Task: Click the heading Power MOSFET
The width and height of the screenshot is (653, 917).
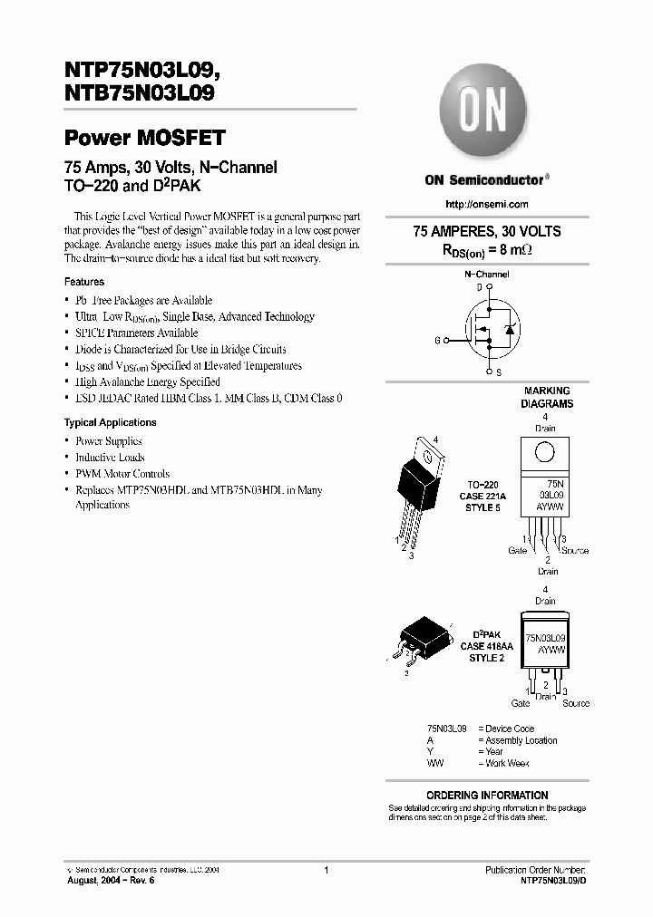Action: pyautogui.click(x=144, y=139)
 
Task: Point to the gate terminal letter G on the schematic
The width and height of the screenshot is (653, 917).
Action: pyautogui.click(x=437, y=340)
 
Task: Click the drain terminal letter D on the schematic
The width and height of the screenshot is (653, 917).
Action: pyautogui.click(x=480, y=287)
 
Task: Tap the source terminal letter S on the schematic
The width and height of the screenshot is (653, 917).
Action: pyautogui.click(x=499, y=372)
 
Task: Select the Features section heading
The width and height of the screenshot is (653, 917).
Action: pyautogui.click(x=83, y=282)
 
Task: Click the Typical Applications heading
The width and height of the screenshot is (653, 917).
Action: pyautogui.click(x=110, y=422)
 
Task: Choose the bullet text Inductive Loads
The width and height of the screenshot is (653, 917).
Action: pyautogui.click(x=110, y=458)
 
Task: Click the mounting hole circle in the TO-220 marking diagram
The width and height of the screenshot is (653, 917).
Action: pyautogui.click(x=543, y=452)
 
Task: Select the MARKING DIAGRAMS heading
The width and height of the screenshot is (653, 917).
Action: pyautogui.click(x=547, y=397)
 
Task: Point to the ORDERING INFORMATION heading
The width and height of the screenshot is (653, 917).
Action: pyautogui.click(x=487, y=795)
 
